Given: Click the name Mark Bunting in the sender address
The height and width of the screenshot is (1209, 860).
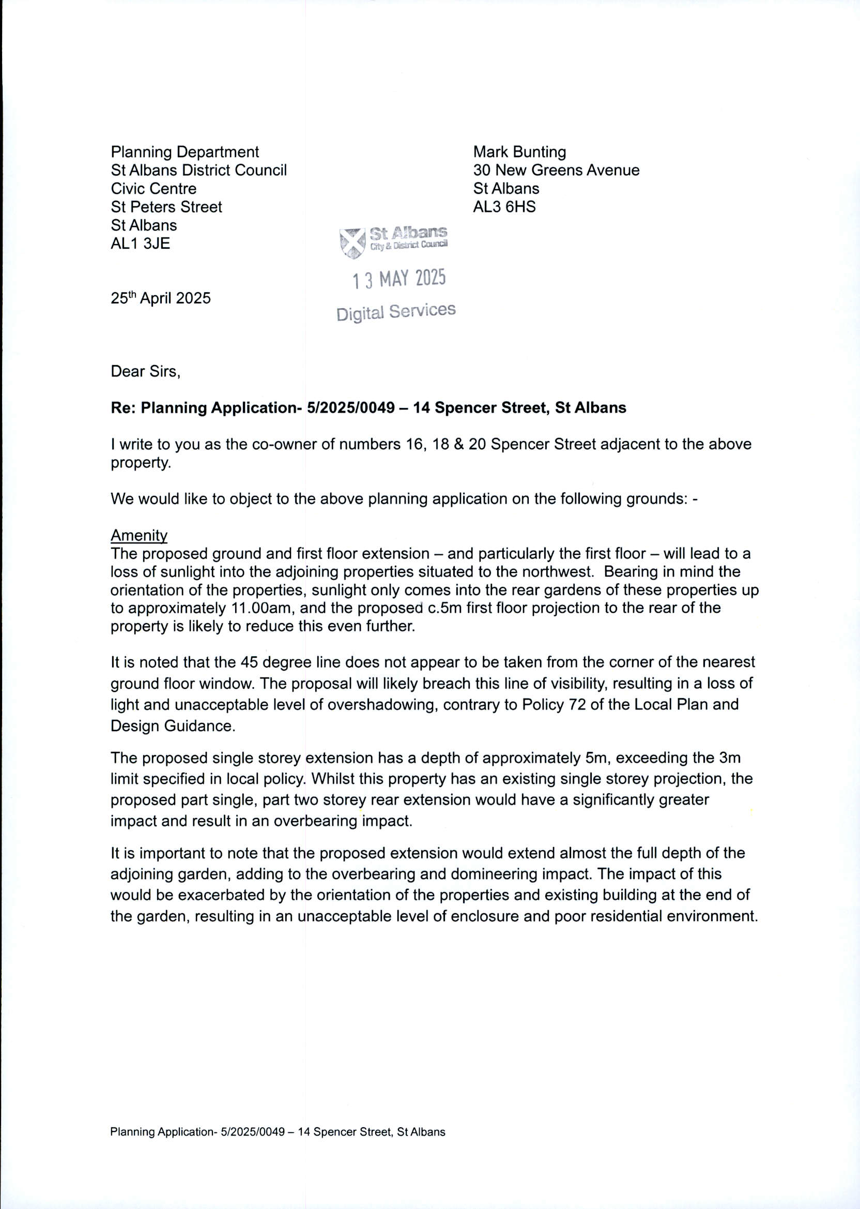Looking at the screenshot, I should tap(519, 152).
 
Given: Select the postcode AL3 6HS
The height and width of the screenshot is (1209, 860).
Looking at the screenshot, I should tap(504, 207).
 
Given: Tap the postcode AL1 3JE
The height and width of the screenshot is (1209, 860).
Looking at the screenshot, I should tap(141, 244).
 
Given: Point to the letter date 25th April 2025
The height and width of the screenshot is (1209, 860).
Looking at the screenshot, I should tap(160, 298).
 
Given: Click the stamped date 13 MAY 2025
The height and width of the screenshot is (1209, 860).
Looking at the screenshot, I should tap(400, 279).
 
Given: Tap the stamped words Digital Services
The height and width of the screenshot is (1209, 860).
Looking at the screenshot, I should tap(395, 311).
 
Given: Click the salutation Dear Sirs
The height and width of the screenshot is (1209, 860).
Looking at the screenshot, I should tap(145, 371).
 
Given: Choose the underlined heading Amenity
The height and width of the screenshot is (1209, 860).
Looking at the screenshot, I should tap(139, 536).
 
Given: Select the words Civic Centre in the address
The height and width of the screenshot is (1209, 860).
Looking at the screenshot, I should tap(153, 189).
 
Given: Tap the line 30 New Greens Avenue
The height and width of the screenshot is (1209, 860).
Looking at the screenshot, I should tap(556, 170).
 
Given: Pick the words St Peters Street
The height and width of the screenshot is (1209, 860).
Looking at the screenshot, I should tap(166, 207).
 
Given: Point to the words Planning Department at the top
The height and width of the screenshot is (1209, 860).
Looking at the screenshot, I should tap(185, 152).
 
